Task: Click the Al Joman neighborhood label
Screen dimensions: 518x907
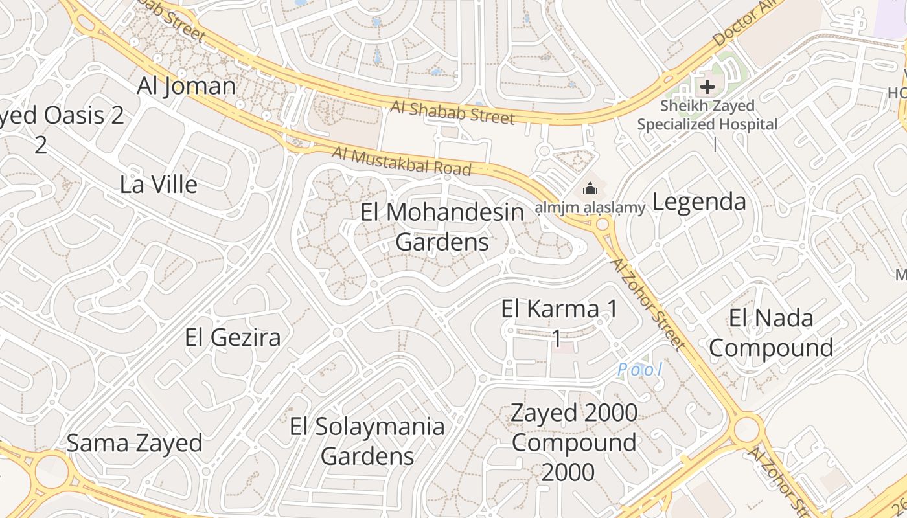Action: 187,86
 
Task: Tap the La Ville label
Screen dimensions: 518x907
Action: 159,185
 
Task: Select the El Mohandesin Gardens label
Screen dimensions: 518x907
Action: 442,227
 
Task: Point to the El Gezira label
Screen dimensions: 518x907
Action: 233,337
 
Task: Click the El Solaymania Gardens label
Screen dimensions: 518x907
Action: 367,441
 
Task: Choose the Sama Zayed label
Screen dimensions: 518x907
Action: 135,444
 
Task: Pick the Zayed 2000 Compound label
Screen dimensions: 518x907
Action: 573,442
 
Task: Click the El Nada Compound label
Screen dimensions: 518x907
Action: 771,333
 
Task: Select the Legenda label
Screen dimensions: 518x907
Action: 699,202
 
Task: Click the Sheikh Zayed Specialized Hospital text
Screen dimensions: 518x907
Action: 707,115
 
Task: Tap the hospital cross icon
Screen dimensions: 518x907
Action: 707,86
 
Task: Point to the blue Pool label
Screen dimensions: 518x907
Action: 639,370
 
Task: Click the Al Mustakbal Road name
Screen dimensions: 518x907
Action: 402,161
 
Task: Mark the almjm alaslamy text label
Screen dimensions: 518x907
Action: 590,208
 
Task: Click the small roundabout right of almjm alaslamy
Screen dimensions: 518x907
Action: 603,225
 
